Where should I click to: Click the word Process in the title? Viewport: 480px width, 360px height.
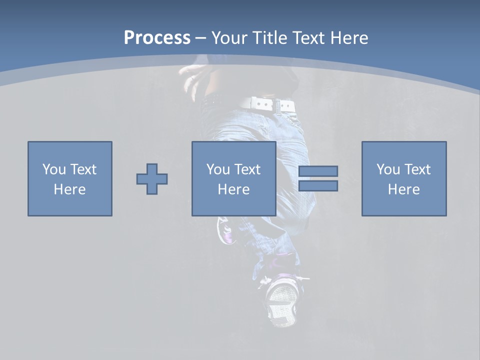pos(157,38)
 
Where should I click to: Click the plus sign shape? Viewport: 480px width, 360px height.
pos(152,179)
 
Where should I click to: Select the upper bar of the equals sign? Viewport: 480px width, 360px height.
pos(318,171)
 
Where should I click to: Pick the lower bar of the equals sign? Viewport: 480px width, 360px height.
pos(318,186)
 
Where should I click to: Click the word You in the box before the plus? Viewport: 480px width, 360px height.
pos(53,169)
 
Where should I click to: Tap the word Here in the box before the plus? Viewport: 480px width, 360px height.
pos(69,189)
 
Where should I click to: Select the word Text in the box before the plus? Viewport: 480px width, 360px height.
pos(83,169)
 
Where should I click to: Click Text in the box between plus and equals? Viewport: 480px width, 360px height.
pos(247,169)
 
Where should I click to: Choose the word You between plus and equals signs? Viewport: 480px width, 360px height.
pos(217,169)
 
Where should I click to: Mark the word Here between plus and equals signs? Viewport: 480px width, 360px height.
pos(233,189)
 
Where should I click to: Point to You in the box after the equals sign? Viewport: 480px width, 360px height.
pos(387,169)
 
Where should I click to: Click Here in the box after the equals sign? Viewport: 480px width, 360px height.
pos(403,189)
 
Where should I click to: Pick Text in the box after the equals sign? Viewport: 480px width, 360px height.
pos(417,169)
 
